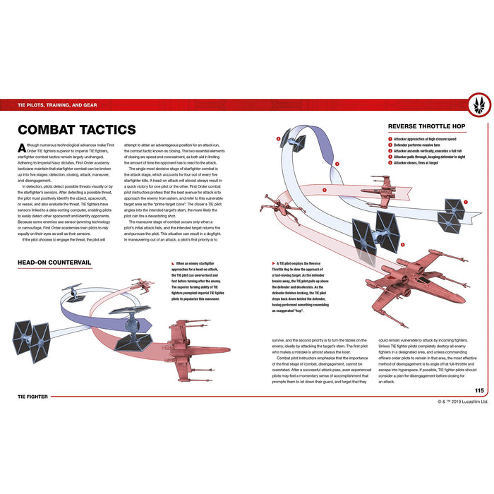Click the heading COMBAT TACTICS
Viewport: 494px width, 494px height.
click(x=76, y=130)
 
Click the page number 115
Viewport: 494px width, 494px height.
click(x=478, y=391)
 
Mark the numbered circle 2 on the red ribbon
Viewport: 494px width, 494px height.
click(x=324, y=191)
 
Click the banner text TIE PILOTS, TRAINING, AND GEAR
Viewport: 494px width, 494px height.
click(x=58, y=105)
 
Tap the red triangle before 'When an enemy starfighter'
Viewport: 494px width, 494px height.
click(x=169, y=263)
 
